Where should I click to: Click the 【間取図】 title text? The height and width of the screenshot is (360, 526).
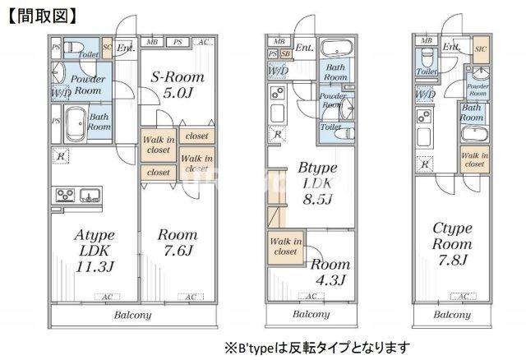click(43, 15)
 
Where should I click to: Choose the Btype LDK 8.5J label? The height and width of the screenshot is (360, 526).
click(314, 186)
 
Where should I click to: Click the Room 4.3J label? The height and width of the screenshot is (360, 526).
click(330, 271)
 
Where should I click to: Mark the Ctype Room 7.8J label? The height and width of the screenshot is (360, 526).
click(452, 245)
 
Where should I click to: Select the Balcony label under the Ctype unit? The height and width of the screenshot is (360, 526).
click(452, 315)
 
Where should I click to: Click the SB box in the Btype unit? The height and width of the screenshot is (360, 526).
click(285, 54)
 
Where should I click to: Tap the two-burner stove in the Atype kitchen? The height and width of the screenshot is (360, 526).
click(66, 195)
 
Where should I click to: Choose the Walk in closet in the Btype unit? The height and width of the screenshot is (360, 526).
click(284, 247)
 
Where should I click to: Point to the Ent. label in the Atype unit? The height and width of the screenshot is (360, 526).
click(125, 48)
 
